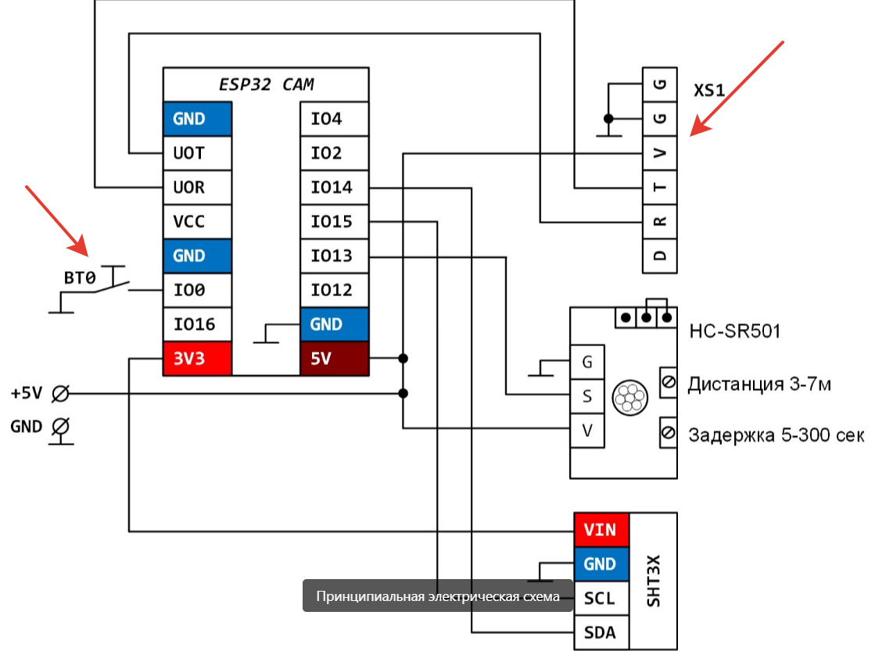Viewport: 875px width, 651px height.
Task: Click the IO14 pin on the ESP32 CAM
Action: [x=334, y=188]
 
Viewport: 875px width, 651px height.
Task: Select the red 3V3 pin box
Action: [x=197, y=359]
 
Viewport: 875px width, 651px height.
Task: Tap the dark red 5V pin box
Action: [x=334, y=359]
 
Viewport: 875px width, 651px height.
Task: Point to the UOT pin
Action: [x=197, y=153]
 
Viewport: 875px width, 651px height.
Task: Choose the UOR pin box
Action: [x=197, y=188]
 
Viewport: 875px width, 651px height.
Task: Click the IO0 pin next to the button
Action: [x=197, y=290]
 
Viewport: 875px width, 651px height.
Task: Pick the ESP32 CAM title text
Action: [x=266, y=84]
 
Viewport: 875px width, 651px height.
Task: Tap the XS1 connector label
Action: [x=709, y=91]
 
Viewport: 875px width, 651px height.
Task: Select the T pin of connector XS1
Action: [x=659, y=188]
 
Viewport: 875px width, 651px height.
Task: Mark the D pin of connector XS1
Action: [x=659, y=256]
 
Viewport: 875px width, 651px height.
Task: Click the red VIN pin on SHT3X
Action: [x=601, y=530]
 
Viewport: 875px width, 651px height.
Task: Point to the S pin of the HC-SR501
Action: [x=587, y=396]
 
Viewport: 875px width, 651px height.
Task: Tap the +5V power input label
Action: [x=27, y=393]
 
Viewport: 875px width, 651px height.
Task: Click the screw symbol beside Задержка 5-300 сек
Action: [x=669, y=432]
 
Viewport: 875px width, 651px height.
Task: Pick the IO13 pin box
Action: [x=334, y=256]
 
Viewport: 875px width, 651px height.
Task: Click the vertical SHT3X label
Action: [x=654, y=581]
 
